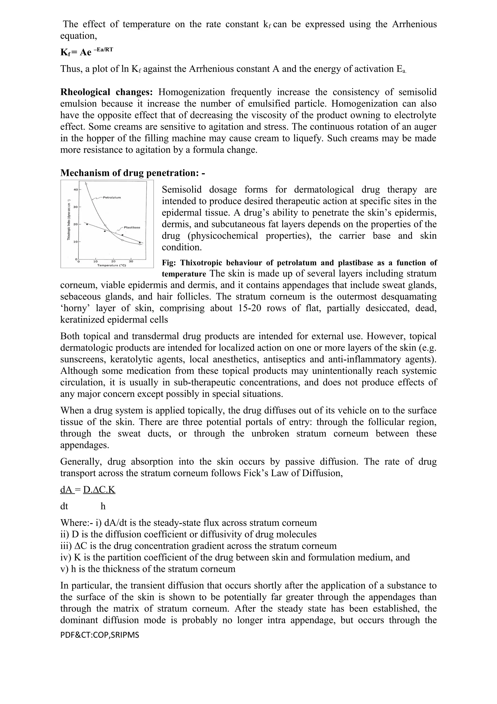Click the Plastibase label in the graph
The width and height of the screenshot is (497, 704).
pos(132,228)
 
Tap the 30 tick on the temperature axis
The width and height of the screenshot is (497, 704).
pos(131,261)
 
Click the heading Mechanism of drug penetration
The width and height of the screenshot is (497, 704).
pos(132,173)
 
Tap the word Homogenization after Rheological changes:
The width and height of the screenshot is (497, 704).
pos(191,92)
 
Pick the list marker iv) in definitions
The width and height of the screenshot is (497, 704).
pos(66,558)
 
